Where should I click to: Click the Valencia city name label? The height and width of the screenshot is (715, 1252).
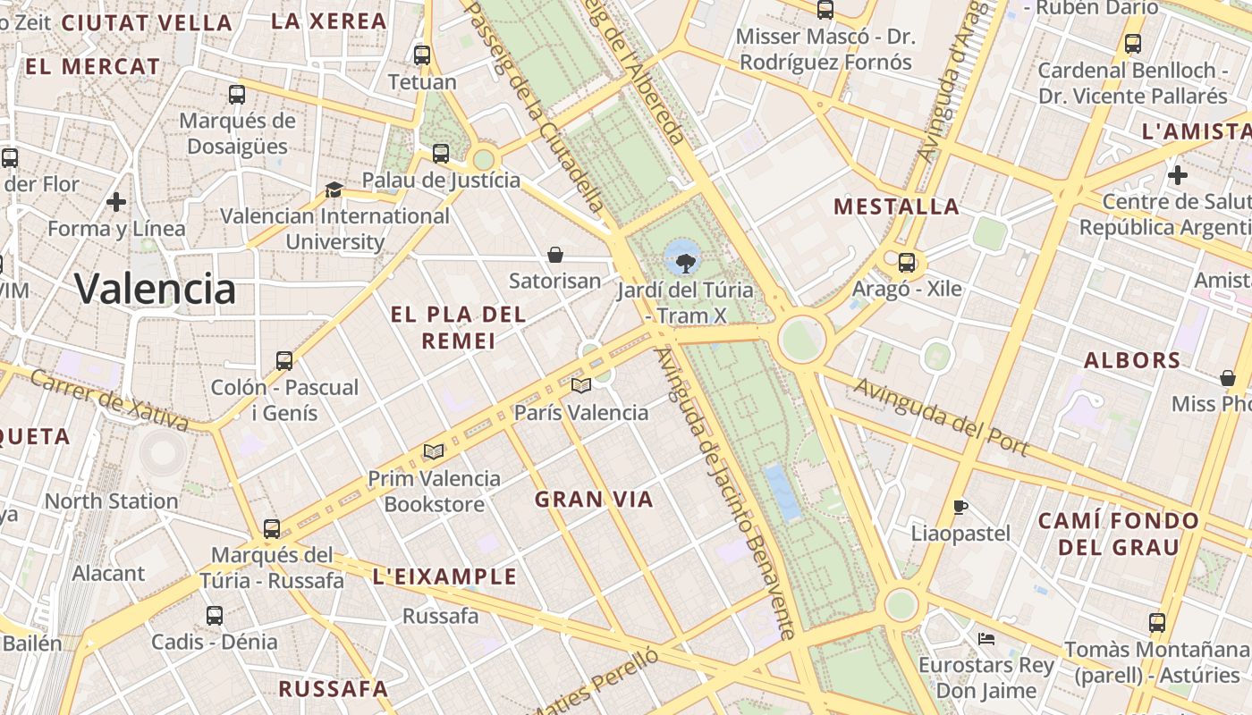coord(155,289)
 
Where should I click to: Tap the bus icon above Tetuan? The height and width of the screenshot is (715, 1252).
coord(422,55)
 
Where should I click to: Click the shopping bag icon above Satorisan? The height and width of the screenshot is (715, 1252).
coord(555,256)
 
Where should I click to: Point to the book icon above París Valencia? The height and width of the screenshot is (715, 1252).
coord(581,386)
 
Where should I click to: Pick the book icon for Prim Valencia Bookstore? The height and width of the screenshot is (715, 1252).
coord(434,452)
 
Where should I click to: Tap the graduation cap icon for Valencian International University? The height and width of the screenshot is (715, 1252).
coord(334,189)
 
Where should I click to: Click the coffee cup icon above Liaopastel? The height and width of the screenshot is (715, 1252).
coord(960,508)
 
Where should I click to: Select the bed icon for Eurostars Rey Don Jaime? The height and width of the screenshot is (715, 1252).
coord(986,639)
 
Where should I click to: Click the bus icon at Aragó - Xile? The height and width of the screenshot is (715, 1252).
coord(907,263)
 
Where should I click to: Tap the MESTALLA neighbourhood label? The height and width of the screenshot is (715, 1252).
coord(896,207)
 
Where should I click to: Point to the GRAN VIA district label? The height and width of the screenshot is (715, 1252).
coord(594,500)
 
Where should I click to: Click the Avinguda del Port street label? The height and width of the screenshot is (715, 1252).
coord(941,416)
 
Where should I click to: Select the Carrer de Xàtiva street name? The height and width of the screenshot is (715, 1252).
coord(108,400)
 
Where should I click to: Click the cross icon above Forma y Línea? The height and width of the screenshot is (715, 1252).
coord(116,202)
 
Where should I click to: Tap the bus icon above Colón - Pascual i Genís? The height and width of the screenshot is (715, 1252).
coord(284,361)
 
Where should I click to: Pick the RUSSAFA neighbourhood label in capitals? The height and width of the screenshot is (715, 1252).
coord(333,689)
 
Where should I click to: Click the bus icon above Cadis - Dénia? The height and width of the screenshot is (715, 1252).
coord(215,616)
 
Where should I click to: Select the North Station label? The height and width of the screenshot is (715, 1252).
coord(111,501)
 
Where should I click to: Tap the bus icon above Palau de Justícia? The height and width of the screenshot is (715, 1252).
coord(441,154)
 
